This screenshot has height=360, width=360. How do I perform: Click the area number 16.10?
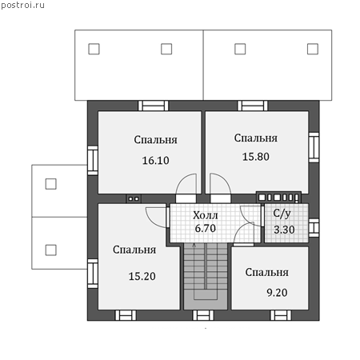point(155,161)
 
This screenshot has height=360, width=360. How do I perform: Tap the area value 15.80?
point(256,157)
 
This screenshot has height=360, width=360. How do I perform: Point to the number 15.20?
point(142,276)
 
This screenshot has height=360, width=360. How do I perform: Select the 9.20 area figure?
point(277,293)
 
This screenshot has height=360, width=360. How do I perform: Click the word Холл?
point(206,215)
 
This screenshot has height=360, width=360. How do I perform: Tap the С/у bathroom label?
point(282,214)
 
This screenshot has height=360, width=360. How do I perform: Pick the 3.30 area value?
point(284,230)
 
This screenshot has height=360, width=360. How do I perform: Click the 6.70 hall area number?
point(205,229)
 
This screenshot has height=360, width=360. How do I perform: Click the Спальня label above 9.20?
point(267,273)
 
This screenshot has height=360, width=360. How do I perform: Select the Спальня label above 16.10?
point(155,140)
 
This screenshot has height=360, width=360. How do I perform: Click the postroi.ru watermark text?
point(22,6)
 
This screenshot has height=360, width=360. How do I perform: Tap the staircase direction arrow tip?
point(194,243)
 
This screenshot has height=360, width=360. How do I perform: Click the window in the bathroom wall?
point(314,228)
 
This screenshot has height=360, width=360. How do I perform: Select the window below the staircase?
point(203,315)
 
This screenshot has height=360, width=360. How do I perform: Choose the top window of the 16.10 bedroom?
point(154,106)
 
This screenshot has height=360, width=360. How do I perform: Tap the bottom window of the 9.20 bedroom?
point(281,315)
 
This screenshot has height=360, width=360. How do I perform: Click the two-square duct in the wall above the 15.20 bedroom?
point(134,198)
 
